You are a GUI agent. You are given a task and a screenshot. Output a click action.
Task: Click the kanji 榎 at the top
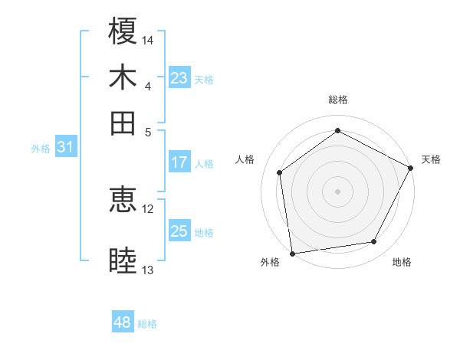tap(123, 31)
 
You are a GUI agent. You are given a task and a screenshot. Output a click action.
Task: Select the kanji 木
tap(123, 77)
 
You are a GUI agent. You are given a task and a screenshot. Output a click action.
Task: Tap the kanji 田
tap(123, 123)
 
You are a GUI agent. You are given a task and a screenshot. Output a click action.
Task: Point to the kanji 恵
tap(123, 199)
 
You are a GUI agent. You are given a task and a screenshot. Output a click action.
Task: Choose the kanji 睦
tap(123, 260)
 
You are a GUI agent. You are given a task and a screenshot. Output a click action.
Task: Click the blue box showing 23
tap(179, 77)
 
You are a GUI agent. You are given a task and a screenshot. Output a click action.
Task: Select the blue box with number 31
tap(64, 147)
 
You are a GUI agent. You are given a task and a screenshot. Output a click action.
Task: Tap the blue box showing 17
tap(179, 162)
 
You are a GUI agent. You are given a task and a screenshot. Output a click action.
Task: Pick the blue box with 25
tap(179, 231)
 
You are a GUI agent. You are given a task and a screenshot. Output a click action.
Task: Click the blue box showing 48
tap(123, 322)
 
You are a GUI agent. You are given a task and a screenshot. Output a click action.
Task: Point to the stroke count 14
tap(149, 40)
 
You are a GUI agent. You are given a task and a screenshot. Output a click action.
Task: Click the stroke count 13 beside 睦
tap(148, 270)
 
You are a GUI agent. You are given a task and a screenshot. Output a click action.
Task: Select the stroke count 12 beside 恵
tap(148, 208)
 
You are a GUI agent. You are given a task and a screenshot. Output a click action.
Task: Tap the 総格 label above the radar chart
tap(338, 100)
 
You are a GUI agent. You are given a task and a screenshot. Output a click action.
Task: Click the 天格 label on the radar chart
tap(431, 159)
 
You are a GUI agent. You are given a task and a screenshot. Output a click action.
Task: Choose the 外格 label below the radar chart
tap(270, 263)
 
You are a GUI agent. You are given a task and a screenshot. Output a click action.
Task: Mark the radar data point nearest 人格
tap(280, 172)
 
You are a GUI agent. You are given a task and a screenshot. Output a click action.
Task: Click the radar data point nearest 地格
tap(374, 242)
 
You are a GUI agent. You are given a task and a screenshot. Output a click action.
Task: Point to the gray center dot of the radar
tap(338, 191)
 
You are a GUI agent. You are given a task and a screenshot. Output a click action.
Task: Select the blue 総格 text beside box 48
tap(147, 324)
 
